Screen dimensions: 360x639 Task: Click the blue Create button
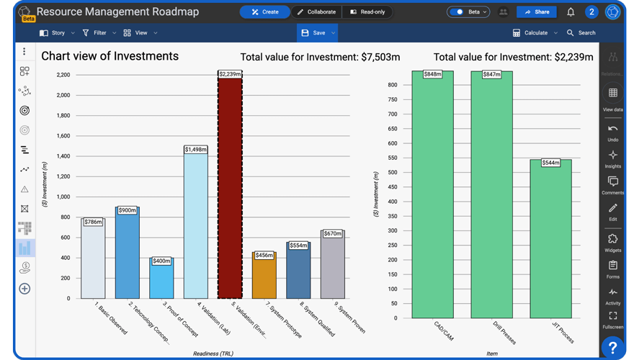tap(264, 12)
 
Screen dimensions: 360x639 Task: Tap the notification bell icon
tap(571, 12)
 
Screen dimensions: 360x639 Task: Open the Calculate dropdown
tap(535, 33)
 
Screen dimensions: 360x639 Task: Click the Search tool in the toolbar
tap(581, 33)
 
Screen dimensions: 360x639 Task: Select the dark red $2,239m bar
tap(230, 187)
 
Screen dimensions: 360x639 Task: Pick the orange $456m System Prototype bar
tap(264, 277)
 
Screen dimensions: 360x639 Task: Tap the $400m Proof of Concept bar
tap(161, 279)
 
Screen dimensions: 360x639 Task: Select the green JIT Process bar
tap(550, 241)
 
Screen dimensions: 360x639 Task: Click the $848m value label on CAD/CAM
tap(432, 74)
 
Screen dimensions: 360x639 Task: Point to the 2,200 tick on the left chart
tap(63, 75)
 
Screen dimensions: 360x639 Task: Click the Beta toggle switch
tap(457, 12)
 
